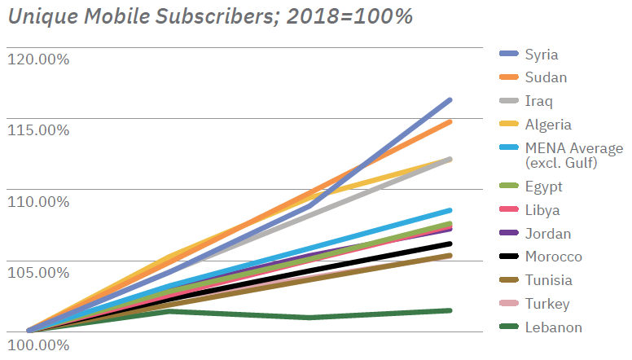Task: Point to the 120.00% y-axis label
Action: click(x=37, y=59)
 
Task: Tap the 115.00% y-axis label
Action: click(x=37, y=130)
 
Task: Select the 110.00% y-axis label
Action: click(x=37, y=201)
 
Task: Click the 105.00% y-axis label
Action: click(x=37, y=272)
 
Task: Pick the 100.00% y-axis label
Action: click(x=37, y=343)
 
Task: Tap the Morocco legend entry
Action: click(x=553, y=257)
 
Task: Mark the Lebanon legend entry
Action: click(x=553, y=327)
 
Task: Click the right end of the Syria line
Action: click(x=450, y=100)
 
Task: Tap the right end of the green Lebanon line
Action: click(x=450, y=310)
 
